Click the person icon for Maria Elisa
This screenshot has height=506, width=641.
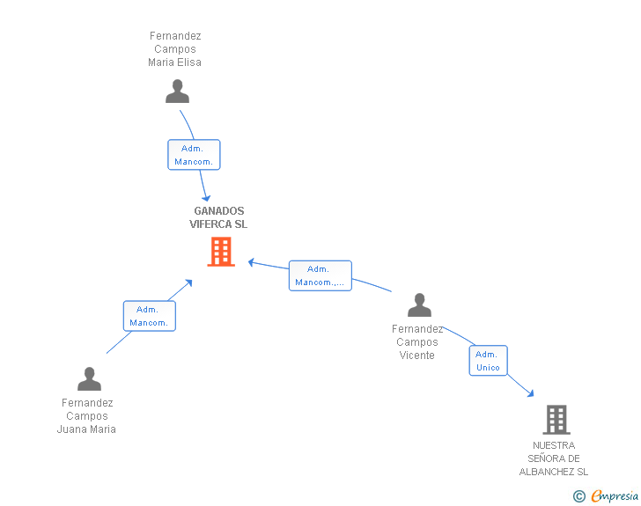click(x=177, y=92)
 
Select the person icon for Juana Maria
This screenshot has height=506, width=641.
click(x=89, y=378)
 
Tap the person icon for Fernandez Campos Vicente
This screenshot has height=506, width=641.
click(x=419, y=305)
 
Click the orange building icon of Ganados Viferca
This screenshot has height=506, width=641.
click(x=220, y=252)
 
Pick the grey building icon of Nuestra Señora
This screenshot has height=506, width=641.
click(x=556, y=420)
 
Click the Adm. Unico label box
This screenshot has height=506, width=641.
click(x=488, y=361)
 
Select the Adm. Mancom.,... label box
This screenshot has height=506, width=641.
click(x=320, y=275)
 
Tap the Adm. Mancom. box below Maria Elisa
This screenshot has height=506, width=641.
click(x=194, y=155)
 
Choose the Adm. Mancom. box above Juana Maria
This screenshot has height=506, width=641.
click(x=149, y=316)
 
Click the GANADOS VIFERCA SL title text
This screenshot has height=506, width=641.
click(x=218, y=217)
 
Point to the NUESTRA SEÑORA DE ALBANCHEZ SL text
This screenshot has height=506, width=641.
click(x=554, y=458)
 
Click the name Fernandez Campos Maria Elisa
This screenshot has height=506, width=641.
click(x=175, y=49)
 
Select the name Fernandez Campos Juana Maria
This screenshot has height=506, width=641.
click(x=87, y=416)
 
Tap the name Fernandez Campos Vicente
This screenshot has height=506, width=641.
click(x=417, y=342)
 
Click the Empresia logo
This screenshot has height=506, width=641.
click(x=615, y=496)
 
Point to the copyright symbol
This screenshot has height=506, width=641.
click(x=579, y=496)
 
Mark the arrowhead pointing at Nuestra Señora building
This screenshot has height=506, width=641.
click(x=529, y=392)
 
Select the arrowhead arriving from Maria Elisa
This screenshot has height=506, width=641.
click(x=206, y=196)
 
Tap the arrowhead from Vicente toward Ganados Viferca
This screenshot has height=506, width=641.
click(x=251, y=261)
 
